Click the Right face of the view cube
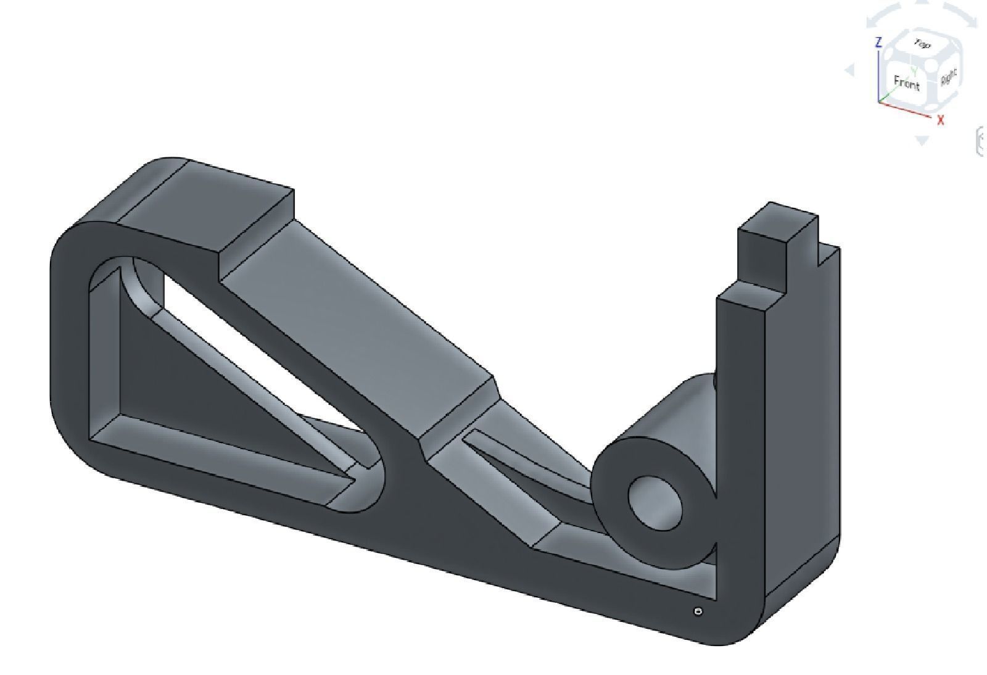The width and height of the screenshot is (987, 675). [949, 77]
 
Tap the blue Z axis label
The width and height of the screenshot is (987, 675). [878, 42]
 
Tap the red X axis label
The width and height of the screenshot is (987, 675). [941, 120]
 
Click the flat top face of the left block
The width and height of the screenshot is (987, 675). [204, 204]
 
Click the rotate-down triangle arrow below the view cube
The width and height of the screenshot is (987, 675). [922, 141]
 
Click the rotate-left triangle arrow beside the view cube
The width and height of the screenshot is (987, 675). [850, 70]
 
